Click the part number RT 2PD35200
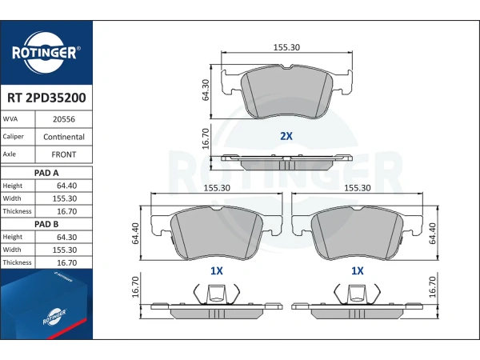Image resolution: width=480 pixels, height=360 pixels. coord(46,98)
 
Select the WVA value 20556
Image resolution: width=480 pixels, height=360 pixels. coord(64,119)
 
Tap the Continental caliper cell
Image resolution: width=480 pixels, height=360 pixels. coord(64,137)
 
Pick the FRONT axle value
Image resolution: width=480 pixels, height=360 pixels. coord(64,154)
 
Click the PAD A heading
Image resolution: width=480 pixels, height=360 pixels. coord(46,173)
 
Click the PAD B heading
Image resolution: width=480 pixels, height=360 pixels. coord(46,224)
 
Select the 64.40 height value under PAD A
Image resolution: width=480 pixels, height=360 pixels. coord(66,186)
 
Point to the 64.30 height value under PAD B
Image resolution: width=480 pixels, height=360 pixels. coord(66,238)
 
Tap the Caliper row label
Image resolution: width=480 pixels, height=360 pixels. coord(13,137)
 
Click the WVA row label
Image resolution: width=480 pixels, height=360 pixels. coord(10,119)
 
